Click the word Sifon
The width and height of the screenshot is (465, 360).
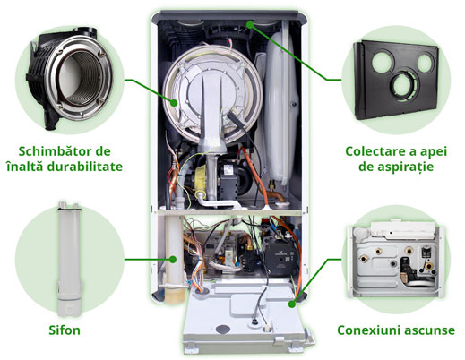tap(65, 330)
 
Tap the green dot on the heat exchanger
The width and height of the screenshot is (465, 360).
tap(174, 103)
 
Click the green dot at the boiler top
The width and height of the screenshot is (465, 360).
tap(250, 25)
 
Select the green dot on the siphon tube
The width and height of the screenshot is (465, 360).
tap(172, 259)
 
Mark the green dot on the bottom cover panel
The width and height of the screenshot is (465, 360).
tap(292, 304)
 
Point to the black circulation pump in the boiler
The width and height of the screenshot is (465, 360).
tap(280, 259)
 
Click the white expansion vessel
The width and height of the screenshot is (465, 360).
tap(280, 107)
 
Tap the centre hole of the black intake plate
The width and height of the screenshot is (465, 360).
tap(404, 84)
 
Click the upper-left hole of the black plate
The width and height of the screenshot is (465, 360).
tap(383, 62)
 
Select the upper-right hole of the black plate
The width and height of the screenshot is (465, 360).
tap(426, 63)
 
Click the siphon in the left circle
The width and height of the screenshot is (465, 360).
tap(69, 259)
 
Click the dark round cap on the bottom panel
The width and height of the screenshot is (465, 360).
tap(223, 330)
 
